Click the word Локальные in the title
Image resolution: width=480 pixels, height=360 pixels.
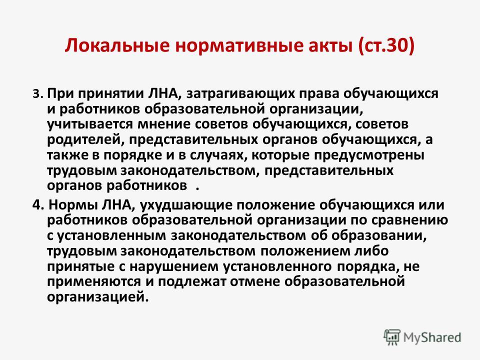click(x=117, y=45)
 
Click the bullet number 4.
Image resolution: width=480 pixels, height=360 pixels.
click(x=38, y=205)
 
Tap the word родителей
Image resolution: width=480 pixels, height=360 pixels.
click(x=85, y=139)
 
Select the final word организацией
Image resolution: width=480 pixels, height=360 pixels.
click(x=97, y=297)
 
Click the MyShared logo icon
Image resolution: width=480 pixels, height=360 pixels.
click(x=391, y=337)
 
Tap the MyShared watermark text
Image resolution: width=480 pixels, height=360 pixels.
click(x=432, y=337)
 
